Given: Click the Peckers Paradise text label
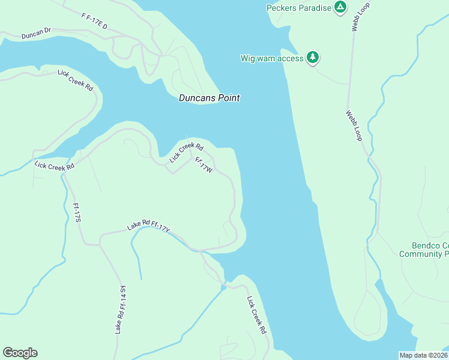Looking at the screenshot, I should coord(298,8).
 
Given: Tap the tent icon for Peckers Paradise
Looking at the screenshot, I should coord(340,7).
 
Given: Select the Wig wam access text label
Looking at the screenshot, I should coord(272,58).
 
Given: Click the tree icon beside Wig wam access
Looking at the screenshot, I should coord(313,58).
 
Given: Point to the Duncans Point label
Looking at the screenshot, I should coord(209,98).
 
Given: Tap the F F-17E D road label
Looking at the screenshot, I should coord(94,20).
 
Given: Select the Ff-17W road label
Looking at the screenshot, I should coord(203,165).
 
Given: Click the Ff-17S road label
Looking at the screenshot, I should coord(76,213).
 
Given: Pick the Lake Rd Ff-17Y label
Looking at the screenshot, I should coord(149,226).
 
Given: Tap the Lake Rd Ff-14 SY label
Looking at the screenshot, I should coord(121,310).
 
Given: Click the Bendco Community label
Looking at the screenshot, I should coord(424,250).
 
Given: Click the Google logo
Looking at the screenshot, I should coord(20,353).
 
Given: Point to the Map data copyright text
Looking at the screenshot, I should coord(424,355).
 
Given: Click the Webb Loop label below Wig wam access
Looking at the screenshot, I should coord(354,125).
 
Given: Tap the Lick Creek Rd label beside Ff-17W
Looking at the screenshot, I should coord(186,152).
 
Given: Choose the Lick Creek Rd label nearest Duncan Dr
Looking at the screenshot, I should coord(75,80).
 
